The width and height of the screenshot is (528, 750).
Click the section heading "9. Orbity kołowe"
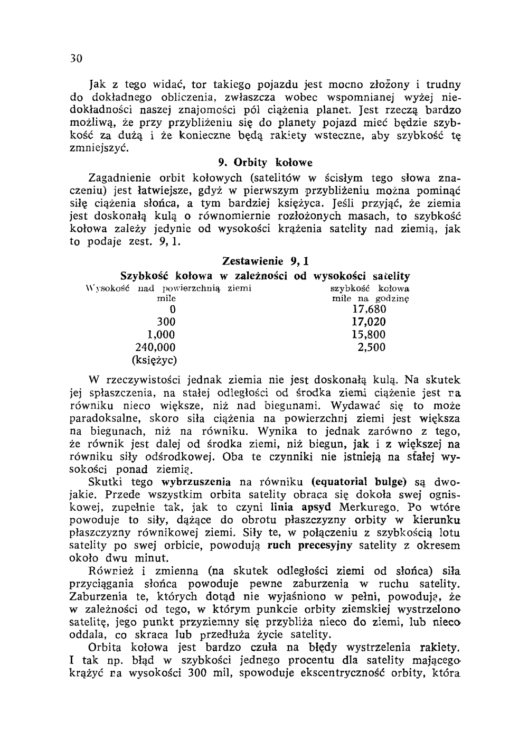(266, 162)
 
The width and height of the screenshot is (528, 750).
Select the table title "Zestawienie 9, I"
(266, 262)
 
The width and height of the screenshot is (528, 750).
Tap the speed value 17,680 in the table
(369, 309)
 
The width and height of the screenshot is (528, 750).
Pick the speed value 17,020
(369, 322)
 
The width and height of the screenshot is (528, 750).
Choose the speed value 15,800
(369, 334)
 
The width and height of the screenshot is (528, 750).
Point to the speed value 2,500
(372, 348)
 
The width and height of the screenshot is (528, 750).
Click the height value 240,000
(155, 348)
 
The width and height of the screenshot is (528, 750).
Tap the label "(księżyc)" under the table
(154, 361)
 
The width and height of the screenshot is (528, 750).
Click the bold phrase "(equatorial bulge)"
(360, 482)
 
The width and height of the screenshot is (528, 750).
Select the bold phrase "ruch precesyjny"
(312, 546)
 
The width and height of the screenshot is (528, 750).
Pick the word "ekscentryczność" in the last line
(338, 673)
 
